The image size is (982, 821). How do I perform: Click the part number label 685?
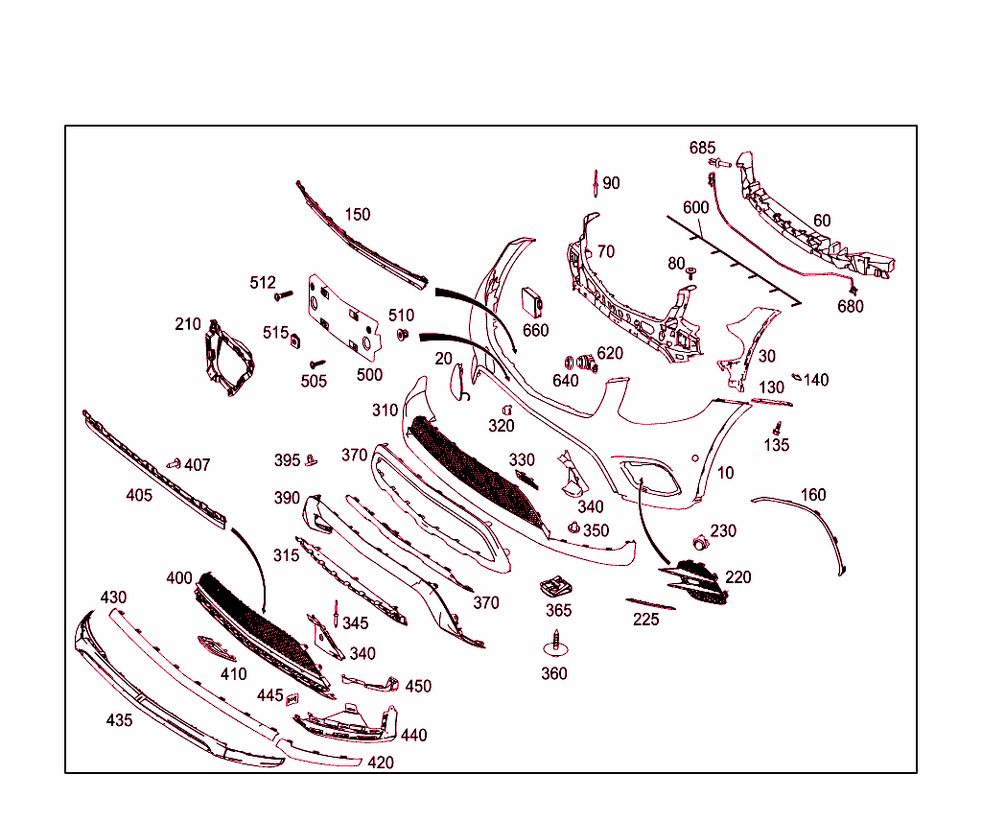click(x=702, y=148)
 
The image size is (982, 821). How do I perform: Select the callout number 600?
click(x=696, y=207)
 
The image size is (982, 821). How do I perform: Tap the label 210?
click(x=188, y=324)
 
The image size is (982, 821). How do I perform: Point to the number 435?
click(x=119, y=720)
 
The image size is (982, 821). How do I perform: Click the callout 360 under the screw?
click(x=554, y=673)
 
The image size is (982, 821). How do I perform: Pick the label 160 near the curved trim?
click(x=813, y=495)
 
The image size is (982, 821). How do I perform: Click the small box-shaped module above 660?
click(x=532, y=302)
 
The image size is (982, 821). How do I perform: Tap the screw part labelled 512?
click(x=284, y=294)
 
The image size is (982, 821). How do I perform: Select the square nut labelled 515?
click(x=295, y=341)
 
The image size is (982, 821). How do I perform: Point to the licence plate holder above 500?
click(x=344, y=317)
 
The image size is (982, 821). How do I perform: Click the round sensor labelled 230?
click(x=700, y=543)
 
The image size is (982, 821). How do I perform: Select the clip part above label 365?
click(x=556, y=587)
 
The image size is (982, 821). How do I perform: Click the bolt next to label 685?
click(x=720, y=163)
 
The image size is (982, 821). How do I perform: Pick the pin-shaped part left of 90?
click(x=596, y=183)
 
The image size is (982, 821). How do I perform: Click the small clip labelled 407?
click(x=174, y=464)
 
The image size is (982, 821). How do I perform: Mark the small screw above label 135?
click(x=777, y=429)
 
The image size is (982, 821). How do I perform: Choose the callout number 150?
click(x=358, y=214)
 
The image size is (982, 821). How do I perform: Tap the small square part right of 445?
click(x=292, y=699)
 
